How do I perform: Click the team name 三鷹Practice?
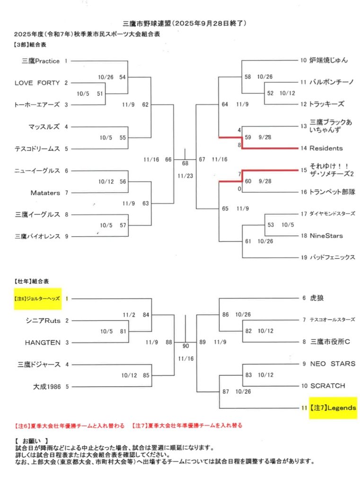[41, 61]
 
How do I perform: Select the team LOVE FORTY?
[37, 83]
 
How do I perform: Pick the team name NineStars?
[326, 235]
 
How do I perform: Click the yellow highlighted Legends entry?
[333, 407]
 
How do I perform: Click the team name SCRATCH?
[327, 386]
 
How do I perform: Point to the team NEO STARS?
[333, 364]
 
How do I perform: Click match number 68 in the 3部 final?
[185, 164]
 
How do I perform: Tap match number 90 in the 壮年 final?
[185, 346]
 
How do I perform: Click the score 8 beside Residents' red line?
[240, 145]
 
